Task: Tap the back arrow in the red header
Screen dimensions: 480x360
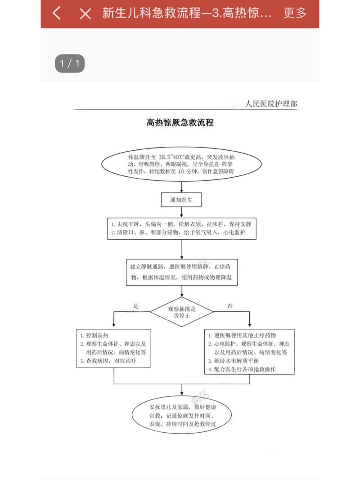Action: pos(57,13)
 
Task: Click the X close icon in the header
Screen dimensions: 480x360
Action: pos(85,13)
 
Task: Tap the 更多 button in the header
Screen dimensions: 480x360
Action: pos(295,13)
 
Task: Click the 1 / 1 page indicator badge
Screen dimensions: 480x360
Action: pos(70,63)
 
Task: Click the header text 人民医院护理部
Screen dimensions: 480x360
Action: pos(271,104)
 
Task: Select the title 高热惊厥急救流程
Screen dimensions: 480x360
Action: pos(180,122)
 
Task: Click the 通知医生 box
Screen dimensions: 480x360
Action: pos(181,200)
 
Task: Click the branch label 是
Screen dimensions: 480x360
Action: pos(136,305)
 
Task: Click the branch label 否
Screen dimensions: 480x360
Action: pos(230,306)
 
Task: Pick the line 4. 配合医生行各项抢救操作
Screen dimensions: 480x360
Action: pos(242,369)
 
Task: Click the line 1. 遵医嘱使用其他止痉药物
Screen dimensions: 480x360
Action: pos(242,336)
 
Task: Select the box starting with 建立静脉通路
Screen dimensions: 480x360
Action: pos(181,272)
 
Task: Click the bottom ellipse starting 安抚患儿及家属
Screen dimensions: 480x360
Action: pos(181,412)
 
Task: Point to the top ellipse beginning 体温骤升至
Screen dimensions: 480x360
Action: pos(181,164)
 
